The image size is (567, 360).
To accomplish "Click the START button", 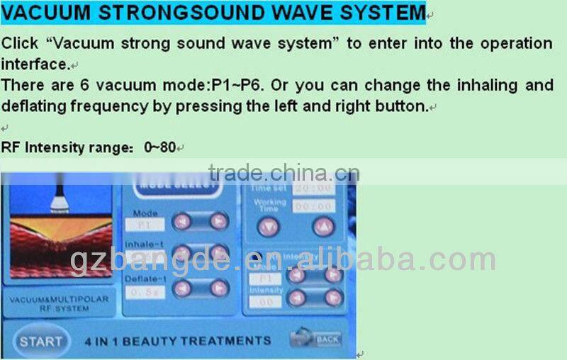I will click(40, 341).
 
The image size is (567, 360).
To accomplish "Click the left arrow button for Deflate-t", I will click(182, 288).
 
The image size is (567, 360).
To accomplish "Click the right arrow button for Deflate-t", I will click(219, 288).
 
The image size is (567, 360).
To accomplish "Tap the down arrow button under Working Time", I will click(268, 227).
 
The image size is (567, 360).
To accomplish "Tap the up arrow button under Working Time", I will click(322, 227).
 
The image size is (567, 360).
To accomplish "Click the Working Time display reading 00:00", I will click(314, 206).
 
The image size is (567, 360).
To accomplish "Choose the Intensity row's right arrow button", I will click(333, 298).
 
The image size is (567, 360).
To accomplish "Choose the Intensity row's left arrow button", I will click(296, 298).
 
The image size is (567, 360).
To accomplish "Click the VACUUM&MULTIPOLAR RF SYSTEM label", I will click(59, 304).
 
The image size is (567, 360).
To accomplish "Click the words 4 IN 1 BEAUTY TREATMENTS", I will click(177, 341).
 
